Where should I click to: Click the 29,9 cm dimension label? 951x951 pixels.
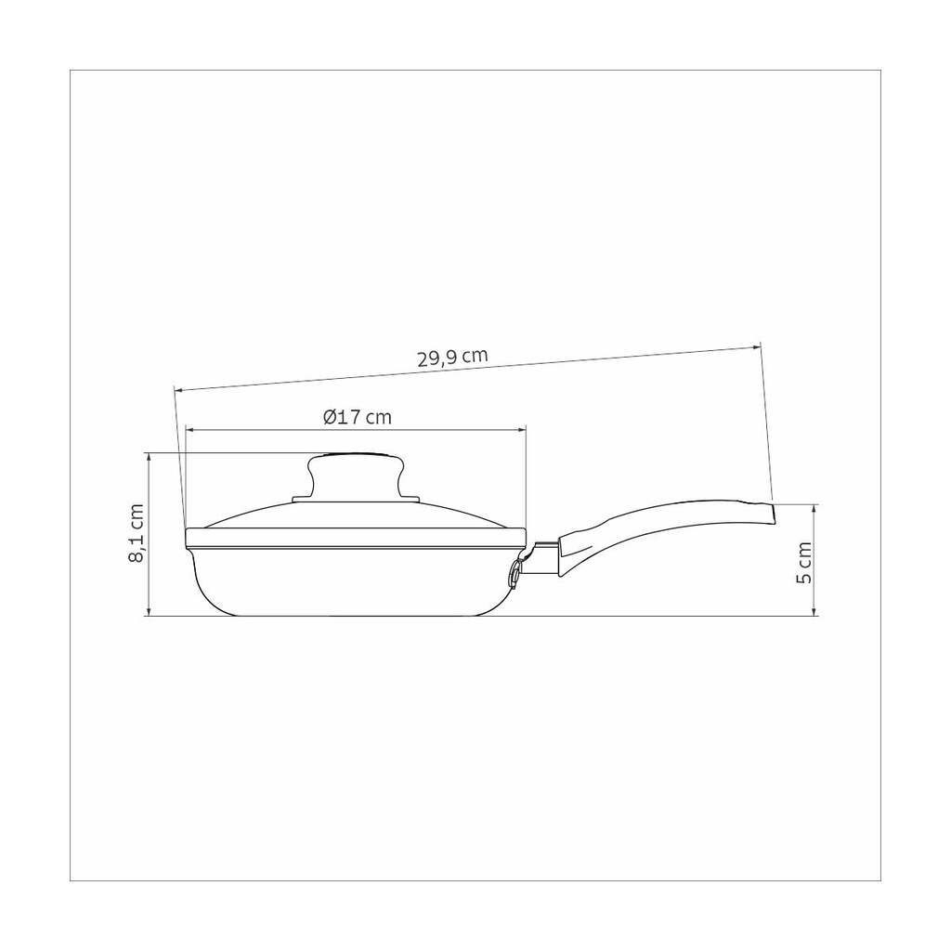click(x=452, y=358)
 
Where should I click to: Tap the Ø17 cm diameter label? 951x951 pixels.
click(x=358, y=417)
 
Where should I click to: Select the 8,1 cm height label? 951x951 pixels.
click(x=137, y=533)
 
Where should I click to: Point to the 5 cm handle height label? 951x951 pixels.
click(x=803, y=562)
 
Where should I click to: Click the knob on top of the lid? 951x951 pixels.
click(x=356, y=475)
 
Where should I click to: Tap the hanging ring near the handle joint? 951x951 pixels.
click(x=515, y=572)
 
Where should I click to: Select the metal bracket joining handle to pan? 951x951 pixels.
click(x=539, y=558)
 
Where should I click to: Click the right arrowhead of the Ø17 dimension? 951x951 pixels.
click(x=522, y=429)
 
